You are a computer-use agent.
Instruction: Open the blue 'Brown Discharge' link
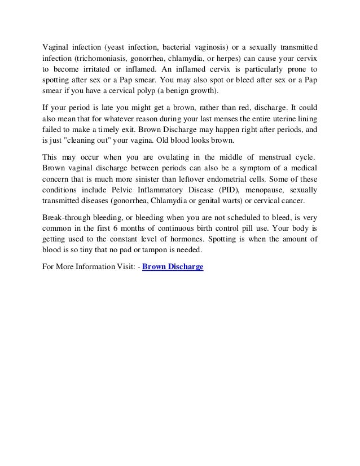173,268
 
